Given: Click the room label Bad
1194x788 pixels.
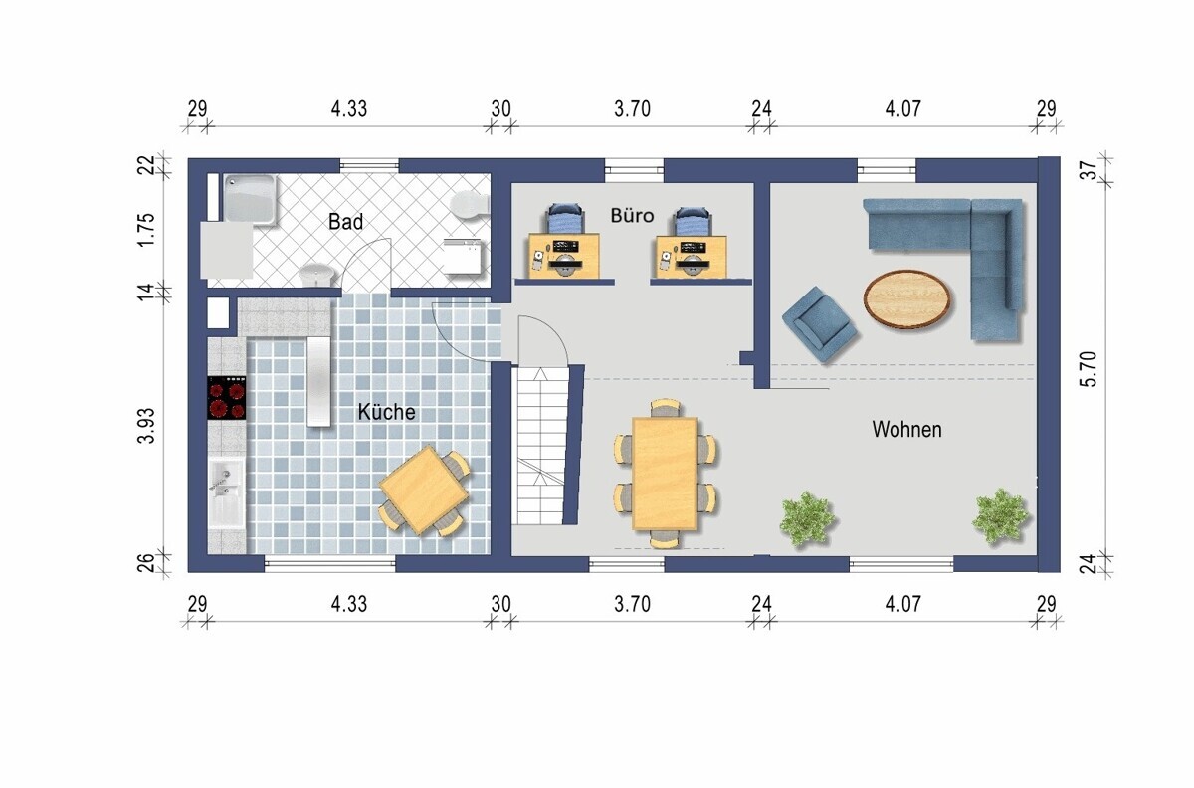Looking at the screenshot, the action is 345,221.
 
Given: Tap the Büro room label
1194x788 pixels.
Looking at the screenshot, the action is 632,215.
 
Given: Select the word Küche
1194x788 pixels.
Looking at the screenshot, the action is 386,412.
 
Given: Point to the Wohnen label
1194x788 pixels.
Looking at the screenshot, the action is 906,429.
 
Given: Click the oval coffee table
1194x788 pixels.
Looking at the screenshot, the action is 906,298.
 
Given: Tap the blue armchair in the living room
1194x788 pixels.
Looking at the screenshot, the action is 819,324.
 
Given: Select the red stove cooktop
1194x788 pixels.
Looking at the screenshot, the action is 227,397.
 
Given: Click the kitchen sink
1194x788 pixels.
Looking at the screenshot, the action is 227,493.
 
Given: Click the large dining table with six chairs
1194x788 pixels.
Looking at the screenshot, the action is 665,474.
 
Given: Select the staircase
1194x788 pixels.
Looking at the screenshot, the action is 540,445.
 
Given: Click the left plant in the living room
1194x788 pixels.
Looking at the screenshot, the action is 807,518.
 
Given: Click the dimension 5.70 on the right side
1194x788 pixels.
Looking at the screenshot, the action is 1091,368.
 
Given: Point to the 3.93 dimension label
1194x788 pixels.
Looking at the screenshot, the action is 146,425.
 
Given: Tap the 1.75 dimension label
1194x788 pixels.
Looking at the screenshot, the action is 146,229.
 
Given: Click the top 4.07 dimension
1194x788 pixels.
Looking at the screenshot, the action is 902,109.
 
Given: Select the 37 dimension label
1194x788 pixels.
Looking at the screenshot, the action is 1091,170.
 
